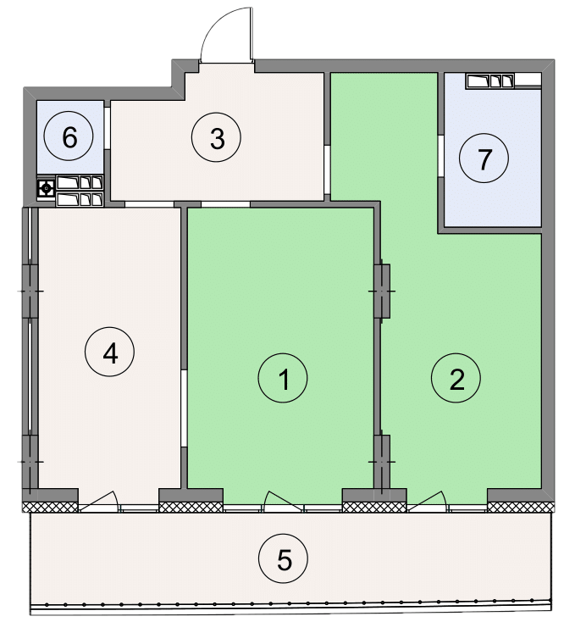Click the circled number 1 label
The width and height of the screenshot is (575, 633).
pos(283,378)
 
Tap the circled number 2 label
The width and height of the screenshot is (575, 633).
pos(456,378)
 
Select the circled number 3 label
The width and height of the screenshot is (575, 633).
pos(216,137)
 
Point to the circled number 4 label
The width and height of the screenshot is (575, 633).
pos(109,352)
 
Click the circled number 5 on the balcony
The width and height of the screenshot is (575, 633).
pos(283,558)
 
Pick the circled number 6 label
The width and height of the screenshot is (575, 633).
pos(69,136)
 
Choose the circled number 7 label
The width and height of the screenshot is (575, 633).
pos(484,158)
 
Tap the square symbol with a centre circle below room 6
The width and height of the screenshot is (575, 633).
pos(46,188)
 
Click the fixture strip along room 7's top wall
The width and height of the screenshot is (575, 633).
pos(504,81)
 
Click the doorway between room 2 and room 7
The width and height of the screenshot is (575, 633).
pos(441,157)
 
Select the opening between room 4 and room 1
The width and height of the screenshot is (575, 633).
pos(184,408)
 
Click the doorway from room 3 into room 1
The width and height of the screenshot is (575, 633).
pos(225,204)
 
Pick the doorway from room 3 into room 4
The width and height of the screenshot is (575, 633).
pos(149,204)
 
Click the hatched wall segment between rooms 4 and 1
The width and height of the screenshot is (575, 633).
pos(191,507)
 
